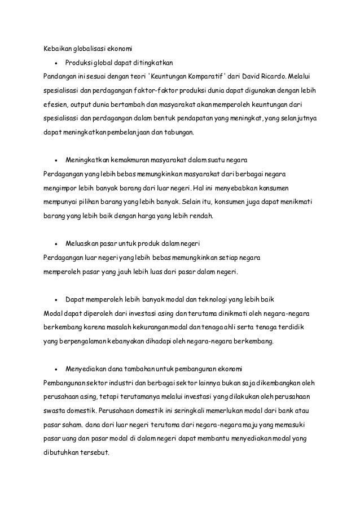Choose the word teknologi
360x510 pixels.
(x=210, y=297)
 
